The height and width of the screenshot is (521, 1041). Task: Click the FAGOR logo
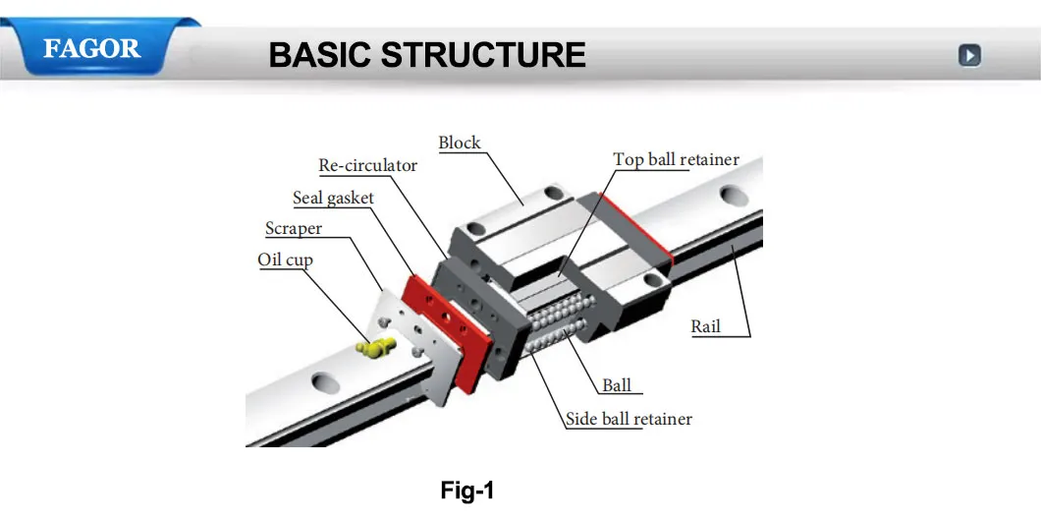[91, 48]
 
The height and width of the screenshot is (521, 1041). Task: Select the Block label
[460, 144]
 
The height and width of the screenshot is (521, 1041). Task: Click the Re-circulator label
[368, 165]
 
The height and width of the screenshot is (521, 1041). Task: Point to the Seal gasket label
[334, 199]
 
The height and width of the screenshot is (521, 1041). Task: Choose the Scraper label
[294, 229]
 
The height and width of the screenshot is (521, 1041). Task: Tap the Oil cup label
[285, 260]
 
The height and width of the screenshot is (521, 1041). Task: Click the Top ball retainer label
[676, 159]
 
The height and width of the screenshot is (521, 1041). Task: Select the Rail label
[705, 326]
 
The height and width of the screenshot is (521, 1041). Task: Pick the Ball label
[617, 386]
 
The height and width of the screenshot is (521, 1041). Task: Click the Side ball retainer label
[629, 420]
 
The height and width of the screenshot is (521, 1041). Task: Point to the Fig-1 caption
[466, 491]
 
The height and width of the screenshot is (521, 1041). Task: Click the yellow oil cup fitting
[377, 345]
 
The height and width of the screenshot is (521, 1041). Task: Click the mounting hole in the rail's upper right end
[732, 197]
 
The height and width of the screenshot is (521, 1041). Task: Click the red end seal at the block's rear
[637, 228]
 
